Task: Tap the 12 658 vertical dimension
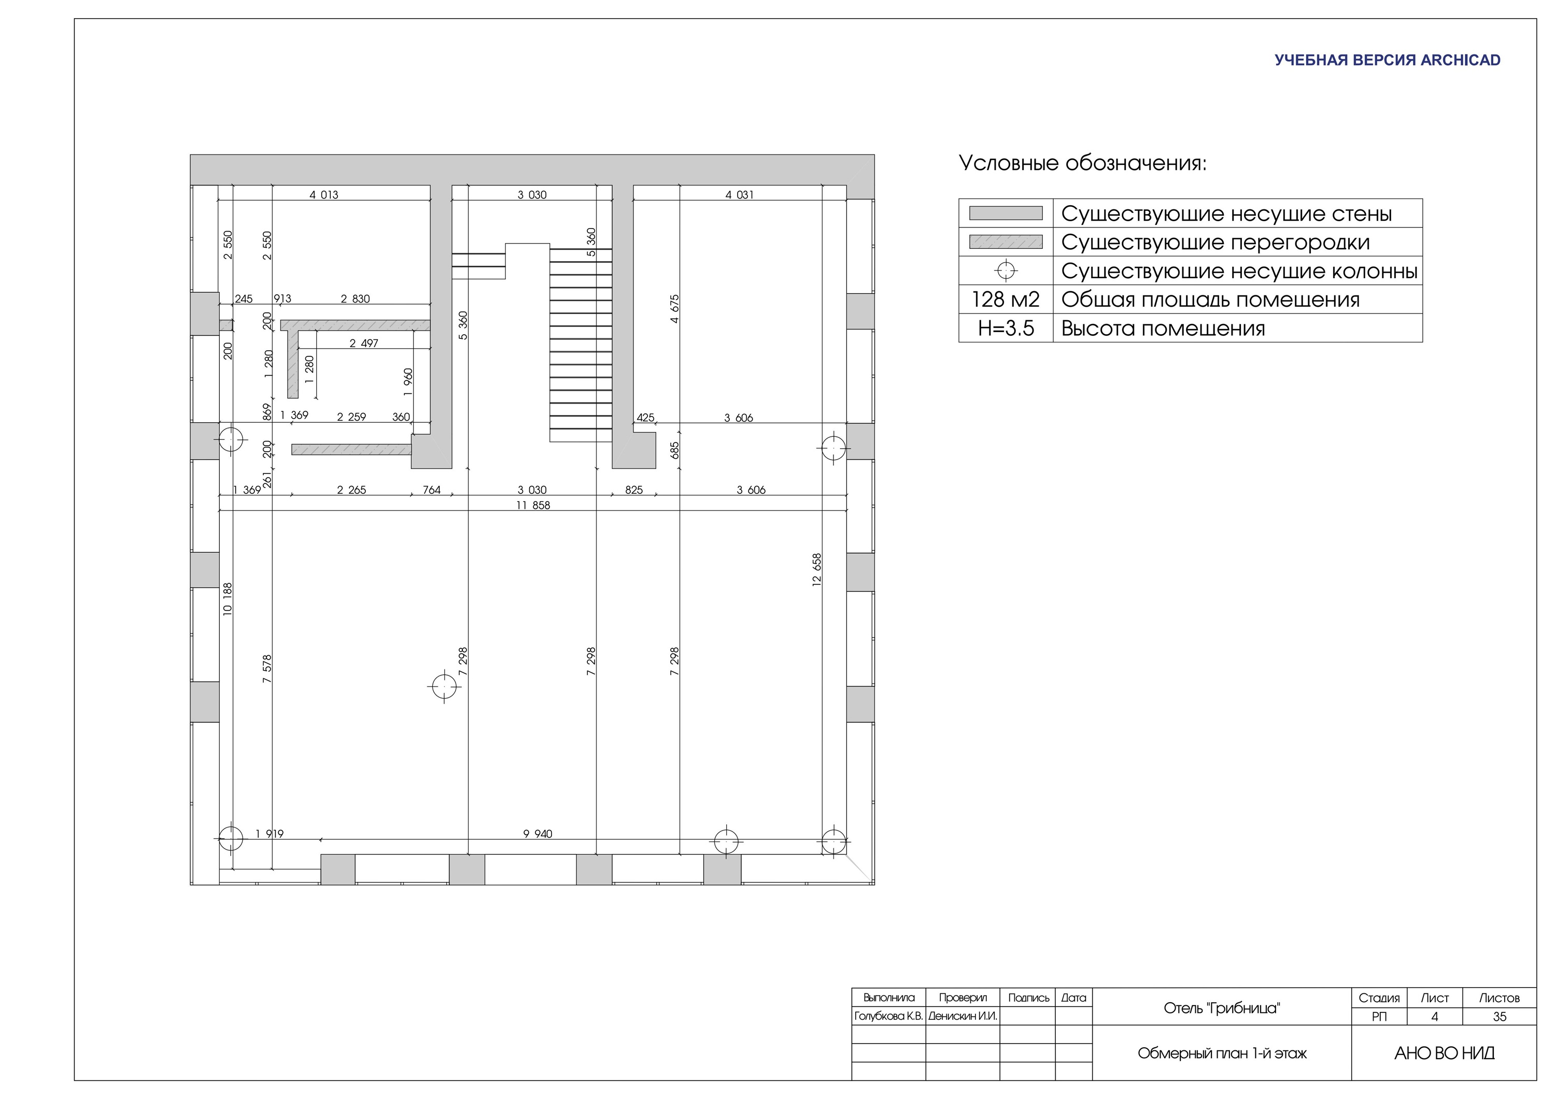pos(817,569)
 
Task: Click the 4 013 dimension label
pos(324,195)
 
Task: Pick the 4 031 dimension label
pos(740,195)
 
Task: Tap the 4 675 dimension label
pos(674,309)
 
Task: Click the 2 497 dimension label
pos(364,344)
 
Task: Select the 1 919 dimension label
pos(270,834)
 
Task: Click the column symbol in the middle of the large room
pos(444,687)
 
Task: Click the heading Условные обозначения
pos(1083,163)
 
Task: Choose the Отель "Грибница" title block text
pos(1222,1008)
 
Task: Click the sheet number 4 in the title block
pos(1434,1017)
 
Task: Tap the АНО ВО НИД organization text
pos(1445,1053)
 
